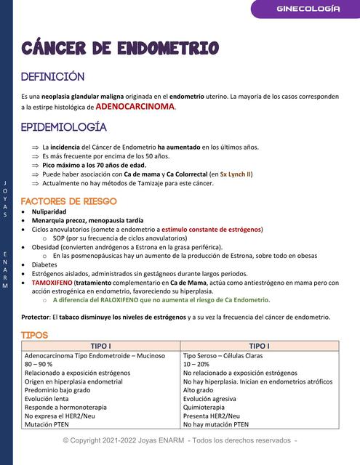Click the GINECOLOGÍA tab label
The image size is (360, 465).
[308, 9]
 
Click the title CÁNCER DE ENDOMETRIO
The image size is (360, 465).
[120, 49]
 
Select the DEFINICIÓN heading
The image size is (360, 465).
[53, 77]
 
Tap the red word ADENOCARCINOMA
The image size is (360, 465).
[135, 107]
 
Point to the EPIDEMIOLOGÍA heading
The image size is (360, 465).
[64, 127]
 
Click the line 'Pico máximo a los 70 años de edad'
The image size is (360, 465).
[94, 165]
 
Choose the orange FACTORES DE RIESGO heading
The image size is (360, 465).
[68, 201]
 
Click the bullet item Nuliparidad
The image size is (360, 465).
[49, 211]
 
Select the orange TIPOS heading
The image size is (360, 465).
[34, 335]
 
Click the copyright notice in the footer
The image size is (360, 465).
[180, 440]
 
